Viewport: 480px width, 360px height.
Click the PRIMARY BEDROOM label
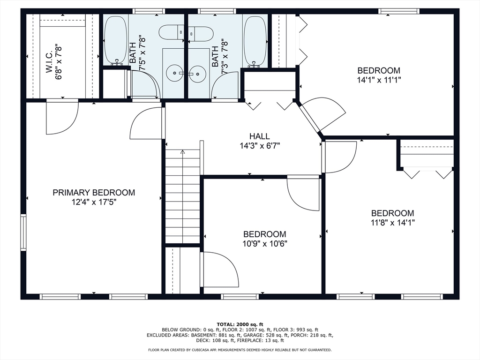click(x=94, y=193)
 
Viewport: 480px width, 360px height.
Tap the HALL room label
click(x=259, y=136)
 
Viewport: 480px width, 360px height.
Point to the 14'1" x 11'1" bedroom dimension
click(x=379, y=80)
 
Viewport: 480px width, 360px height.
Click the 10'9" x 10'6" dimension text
click(x=265, y=244)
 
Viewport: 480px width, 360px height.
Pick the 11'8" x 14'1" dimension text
click(x=393, y=223)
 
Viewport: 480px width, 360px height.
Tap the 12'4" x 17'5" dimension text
click(x=94, y=202)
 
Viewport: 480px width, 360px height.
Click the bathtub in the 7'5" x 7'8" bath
click(x=116, y=40)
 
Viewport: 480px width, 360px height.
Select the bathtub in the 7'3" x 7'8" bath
click(x=255, y=41)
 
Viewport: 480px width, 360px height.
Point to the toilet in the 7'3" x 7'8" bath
click(x=201, y=34)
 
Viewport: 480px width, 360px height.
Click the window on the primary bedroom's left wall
click(x=23, y=232)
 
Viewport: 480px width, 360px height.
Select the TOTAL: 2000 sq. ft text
click(x=240, y=324)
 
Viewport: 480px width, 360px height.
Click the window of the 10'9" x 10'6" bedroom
click(x=240, y=296)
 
